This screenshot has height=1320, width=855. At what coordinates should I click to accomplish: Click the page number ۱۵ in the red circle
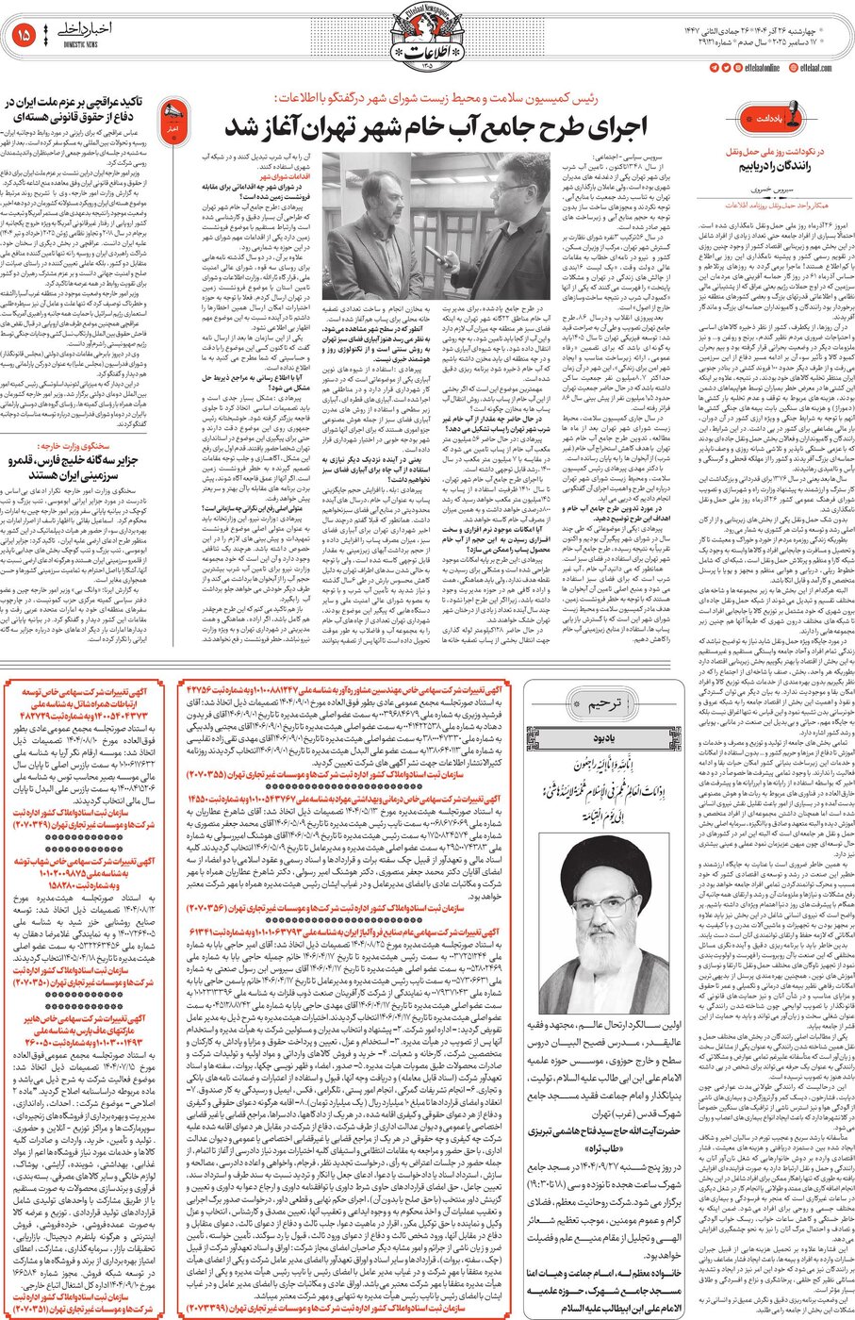(24, 35)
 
